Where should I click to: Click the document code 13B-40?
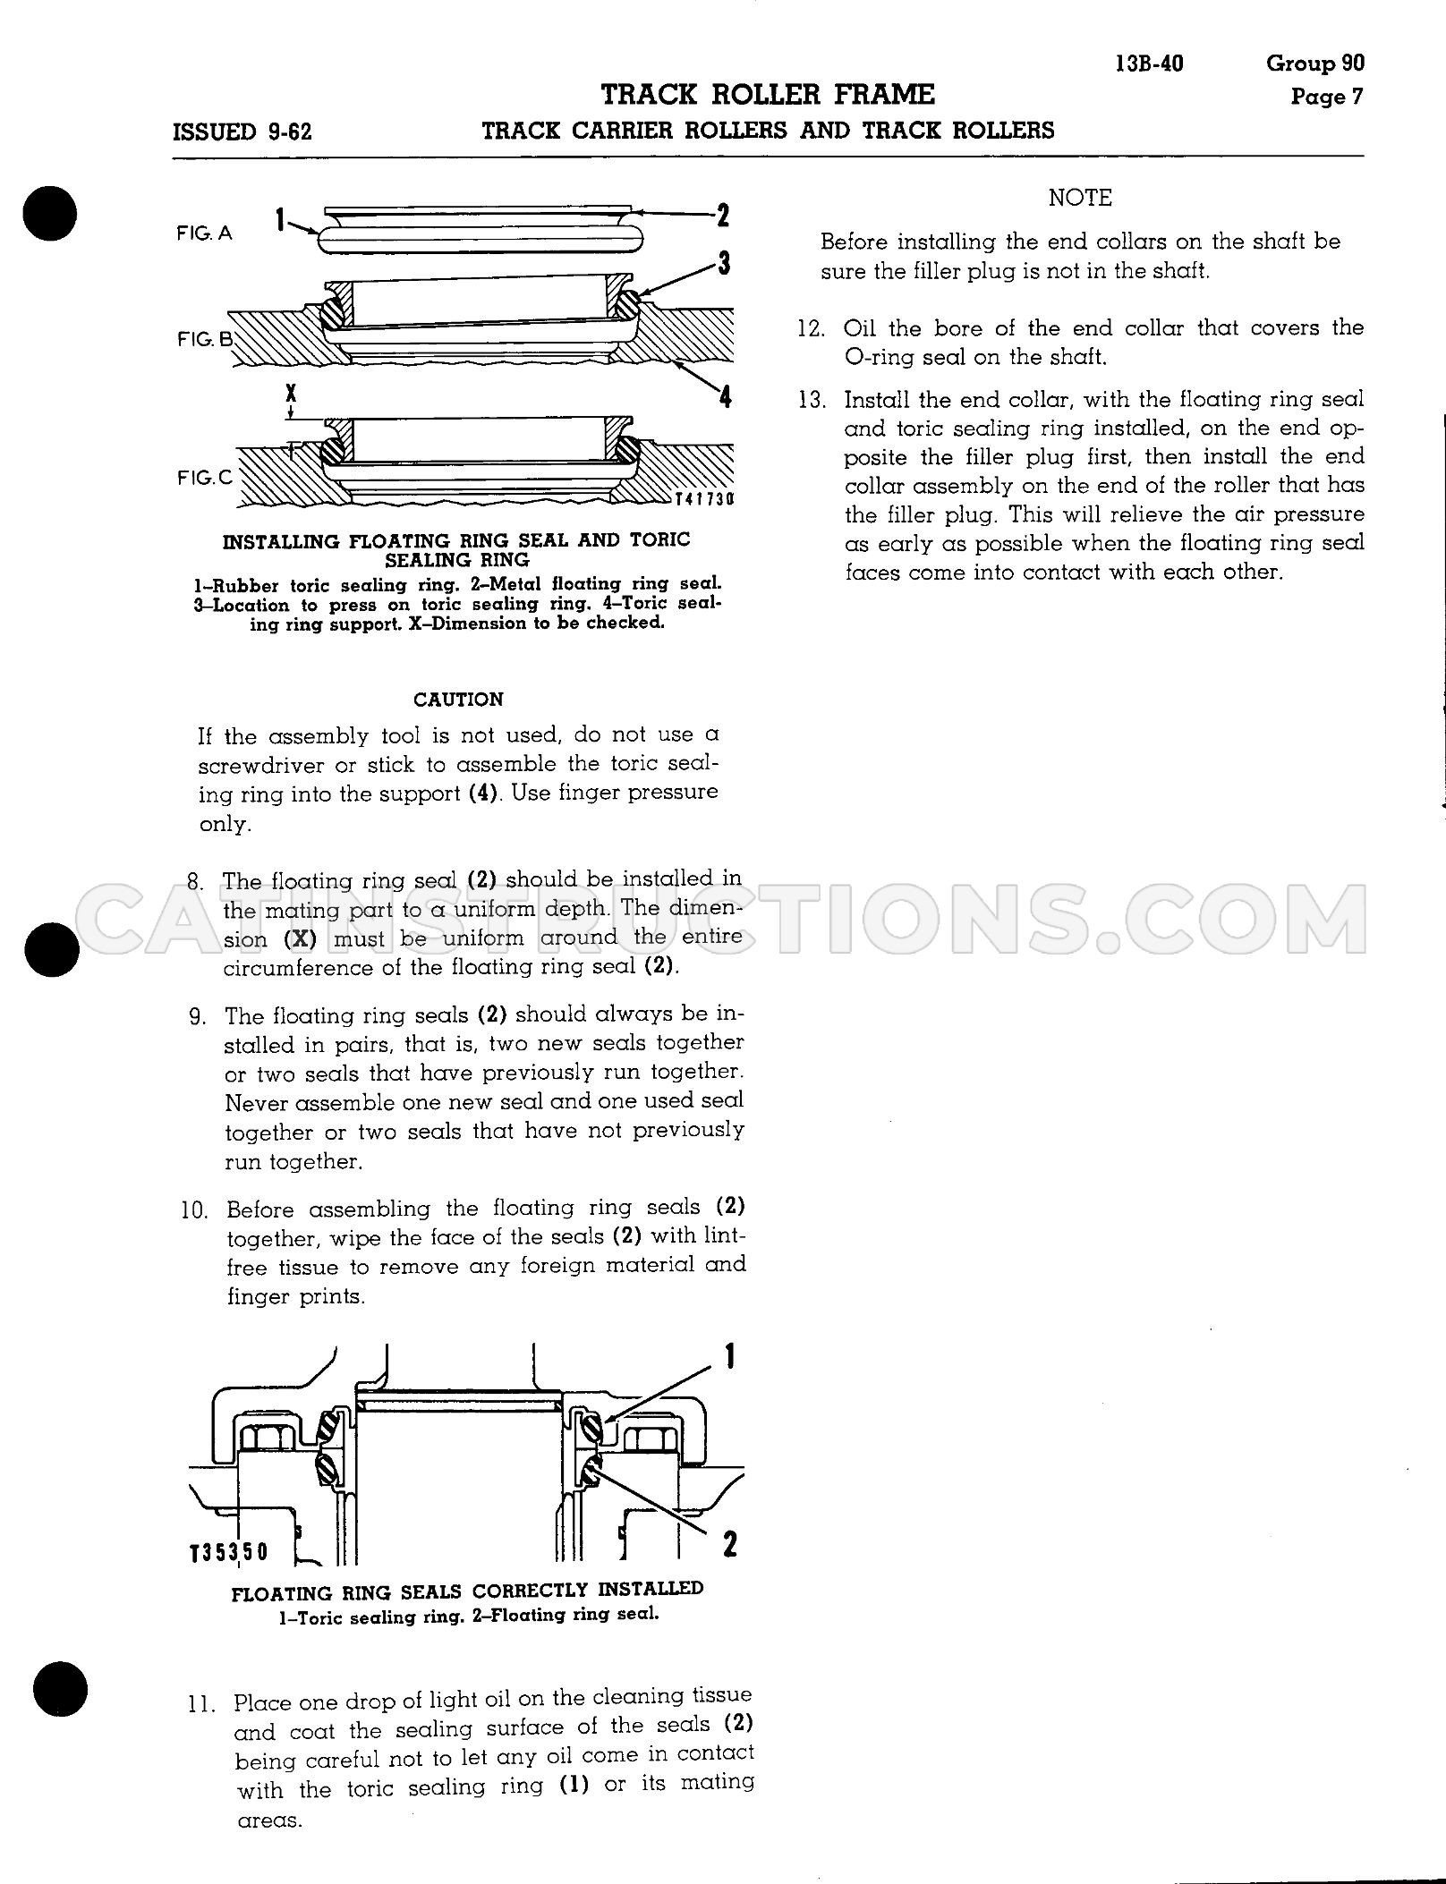click(1150, 64)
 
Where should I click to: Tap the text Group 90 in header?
click(1315, 63)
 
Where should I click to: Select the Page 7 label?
click(1327, 96)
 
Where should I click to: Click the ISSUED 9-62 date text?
click(242, 132)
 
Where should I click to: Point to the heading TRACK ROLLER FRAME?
click(768, 94)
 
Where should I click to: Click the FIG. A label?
click(204, 233)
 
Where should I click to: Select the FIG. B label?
click(205, 339)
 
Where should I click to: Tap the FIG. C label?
click(205, 477)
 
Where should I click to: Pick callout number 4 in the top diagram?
click(725, 395)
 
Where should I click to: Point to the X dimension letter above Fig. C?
click(292, 393)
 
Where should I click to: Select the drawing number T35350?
click(228, 1550)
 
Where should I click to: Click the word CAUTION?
click(458, 700)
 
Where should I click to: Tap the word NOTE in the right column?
click(1080, 198)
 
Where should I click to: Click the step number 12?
click(811, 328)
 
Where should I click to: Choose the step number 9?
click(198, 1016)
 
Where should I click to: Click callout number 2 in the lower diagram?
click(729, 1544)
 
